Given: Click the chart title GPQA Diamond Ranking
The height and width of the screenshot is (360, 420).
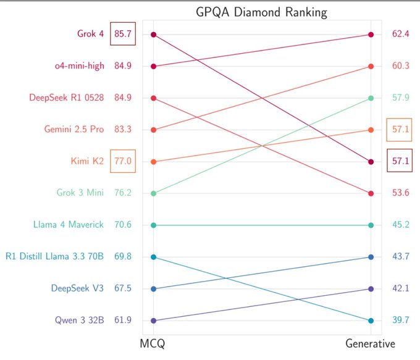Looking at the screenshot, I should pyautogui.click(x=262, y=12).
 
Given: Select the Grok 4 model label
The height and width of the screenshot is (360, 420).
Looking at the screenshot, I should pyautogui.click(x=90, y=34).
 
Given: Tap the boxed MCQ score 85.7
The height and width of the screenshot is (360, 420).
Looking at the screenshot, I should pyautogui.click(x=123, y=34).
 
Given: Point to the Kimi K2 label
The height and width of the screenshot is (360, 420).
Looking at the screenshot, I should pyautogui.click(x=88, y=161).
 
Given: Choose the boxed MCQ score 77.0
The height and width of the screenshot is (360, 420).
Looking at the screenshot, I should pyautogui.click(x=123, y=161).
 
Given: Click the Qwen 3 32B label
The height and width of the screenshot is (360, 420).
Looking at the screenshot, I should pyautogui.click(x=78, y=320).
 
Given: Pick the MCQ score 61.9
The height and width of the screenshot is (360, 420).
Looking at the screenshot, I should pyautogui.click(x=123, y=320).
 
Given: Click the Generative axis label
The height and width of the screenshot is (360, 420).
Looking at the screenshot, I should pyautogui.click(x=371, y=343).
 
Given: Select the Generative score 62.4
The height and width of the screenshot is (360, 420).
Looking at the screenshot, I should pyautogui.click(x=401, y=34).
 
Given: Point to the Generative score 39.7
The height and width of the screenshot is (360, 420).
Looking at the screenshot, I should pyautogui.click(x=401, y=320).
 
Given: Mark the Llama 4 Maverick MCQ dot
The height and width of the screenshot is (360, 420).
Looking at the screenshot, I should pyautogui.click(x=153, y=225).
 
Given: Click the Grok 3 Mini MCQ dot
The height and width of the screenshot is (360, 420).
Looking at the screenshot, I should pyautogui.click(x=153, y=193).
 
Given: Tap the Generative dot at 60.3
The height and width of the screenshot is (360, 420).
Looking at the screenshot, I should pyautogui.click(x=371, y=66).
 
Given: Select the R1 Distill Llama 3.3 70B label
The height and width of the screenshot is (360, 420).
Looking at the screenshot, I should pyautogui.click(x=54, y=257).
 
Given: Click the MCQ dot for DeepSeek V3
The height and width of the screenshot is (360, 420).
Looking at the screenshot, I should pyautogui.click(x=153, y=289).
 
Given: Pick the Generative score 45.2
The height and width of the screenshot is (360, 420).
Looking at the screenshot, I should pyautogui.click(x=401, y=225).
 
